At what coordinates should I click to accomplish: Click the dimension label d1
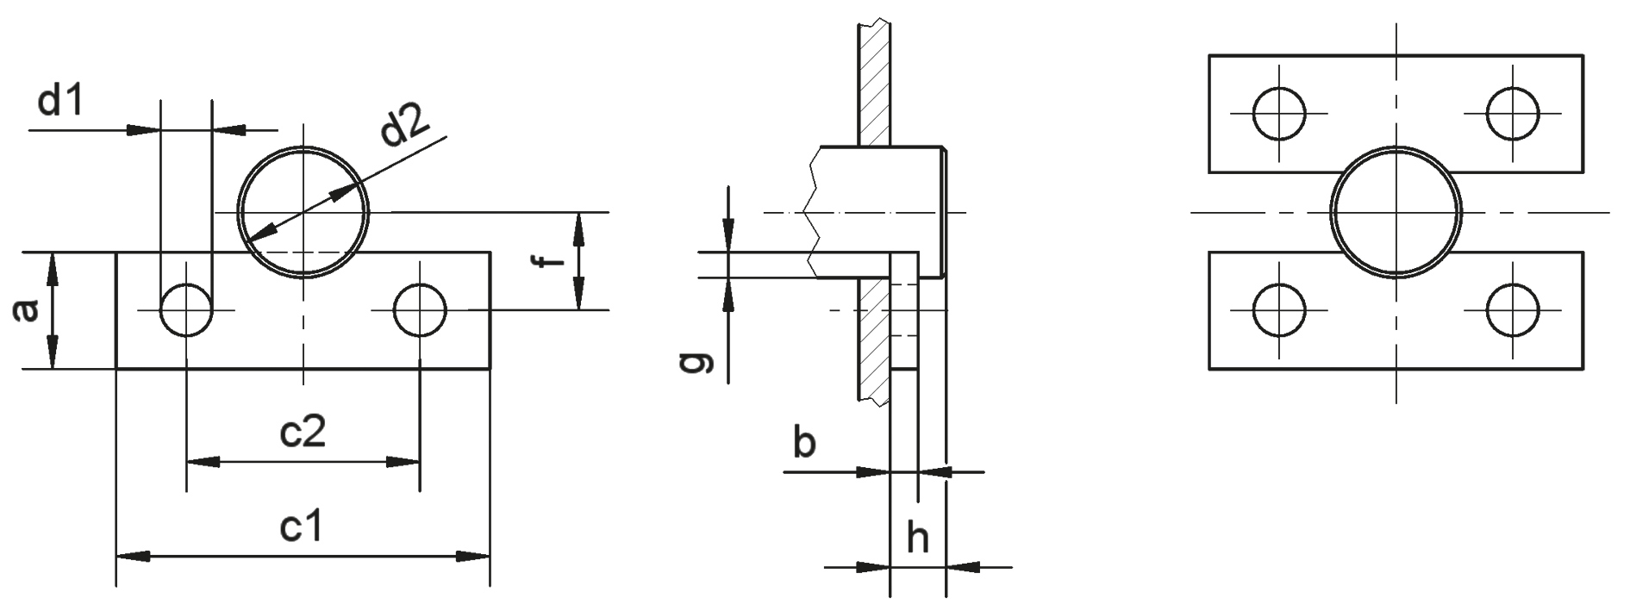click(60, 103)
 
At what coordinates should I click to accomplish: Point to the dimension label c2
click(303, 432)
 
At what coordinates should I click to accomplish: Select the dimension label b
click(803, 444)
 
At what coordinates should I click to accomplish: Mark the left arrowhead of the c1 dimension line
click(134, 557)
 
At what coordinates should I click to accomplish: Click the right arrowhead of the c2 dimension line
click(403, 462)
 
